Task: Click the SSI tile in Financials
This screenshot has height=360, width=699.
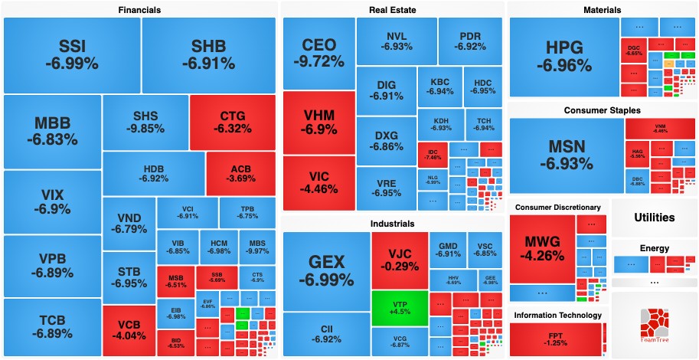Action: click(72, 54)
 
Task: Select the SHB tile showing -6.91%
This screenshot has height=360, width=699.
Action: click(208, 54)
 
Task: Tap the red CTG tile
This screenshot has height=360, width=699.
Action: click(232, 123)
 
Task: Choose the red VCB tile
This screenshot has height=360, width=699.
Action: click(129, 330)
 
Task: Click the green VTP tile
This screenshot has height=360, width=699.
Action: click(399, 309)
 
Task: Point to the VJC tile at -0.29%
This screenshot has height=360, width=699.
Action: click(399, 260)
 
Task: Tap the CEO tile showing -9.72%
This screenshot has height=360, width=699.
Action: click(318, 53)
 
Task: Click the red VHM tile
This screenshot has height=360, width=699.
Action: click(318, 123)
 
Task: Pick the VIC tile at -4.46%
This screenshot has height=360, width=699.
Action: click(318, 182)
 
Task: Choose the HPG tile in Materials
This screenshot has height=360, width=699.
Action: click(564, 57)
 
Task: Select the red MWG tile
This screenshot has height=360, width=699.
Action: click(542, 248)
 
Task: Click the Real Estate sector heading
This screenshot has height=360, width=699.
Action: click(393, 9)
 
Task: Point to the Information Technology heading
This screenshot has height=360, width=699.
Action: click(557, 315)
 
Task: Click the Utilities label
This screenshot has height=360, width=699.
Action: click(654, 218)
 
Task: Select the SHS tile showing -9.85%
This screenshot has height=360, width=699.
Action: click(145, 123)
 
